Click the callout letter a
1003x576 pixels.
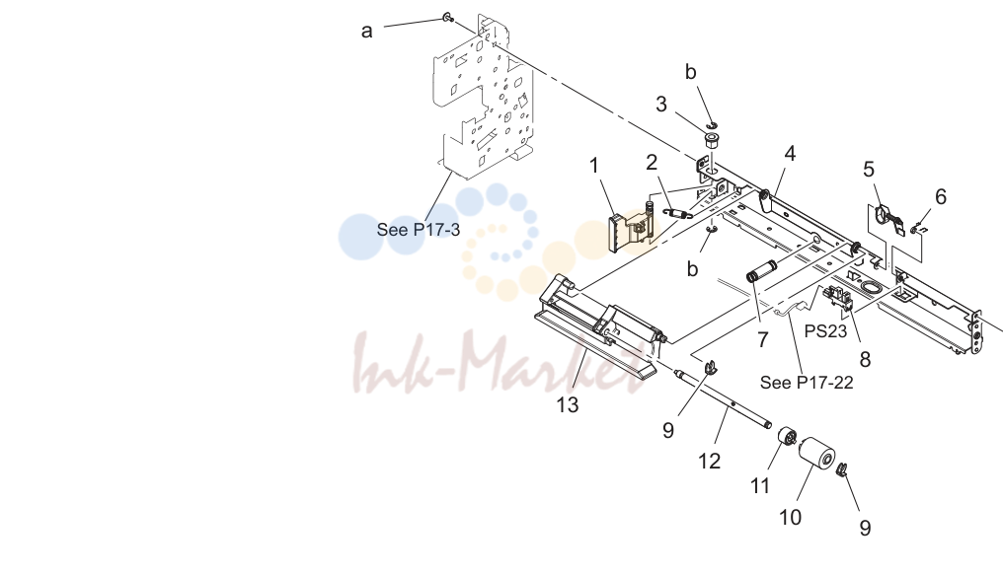point(366,31)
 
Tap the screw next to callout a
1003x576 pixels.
point(448,18)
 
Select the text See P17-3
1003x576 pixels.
point(419,230)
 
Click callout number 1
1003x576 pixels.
point(594,166)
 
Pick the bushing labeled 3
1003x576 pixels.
point(711,140)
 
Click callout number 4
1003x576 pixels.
point(790,154)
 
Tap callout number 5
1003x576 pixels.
point(868,170)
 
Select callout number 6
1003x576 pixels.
point(940,197)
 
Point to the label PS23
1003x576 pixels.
point(825,331)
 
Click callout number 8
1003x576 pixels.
point(865,359)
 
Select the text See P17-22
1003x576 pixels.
point(807,383)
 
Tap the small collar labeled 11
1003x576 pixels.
point(787,439)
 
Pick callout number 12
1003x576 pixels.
point(710,461)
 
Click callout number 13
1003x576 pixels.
point(568,404)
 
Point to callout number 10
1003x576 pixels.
point(790,517)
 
